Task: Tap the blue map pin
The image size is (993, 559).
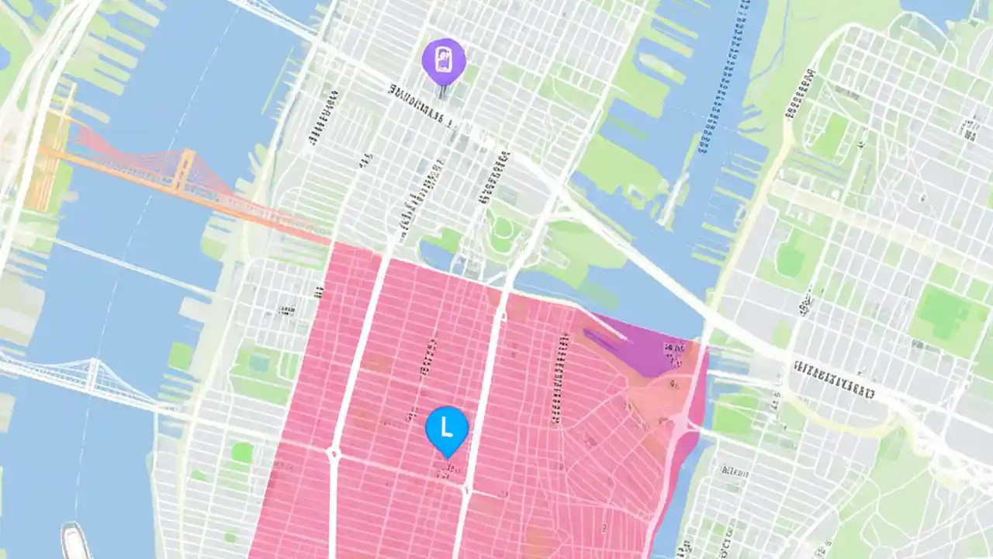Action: point(447,429)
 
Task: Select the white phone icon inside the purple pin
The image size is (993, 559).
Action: point(444,59)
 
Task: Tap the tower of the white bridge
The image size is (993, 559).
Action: point(94,374)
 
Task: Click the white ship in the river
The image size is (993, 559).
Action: point(75,541)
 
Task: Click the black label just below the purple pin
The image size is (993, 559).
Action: point(419,101)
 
